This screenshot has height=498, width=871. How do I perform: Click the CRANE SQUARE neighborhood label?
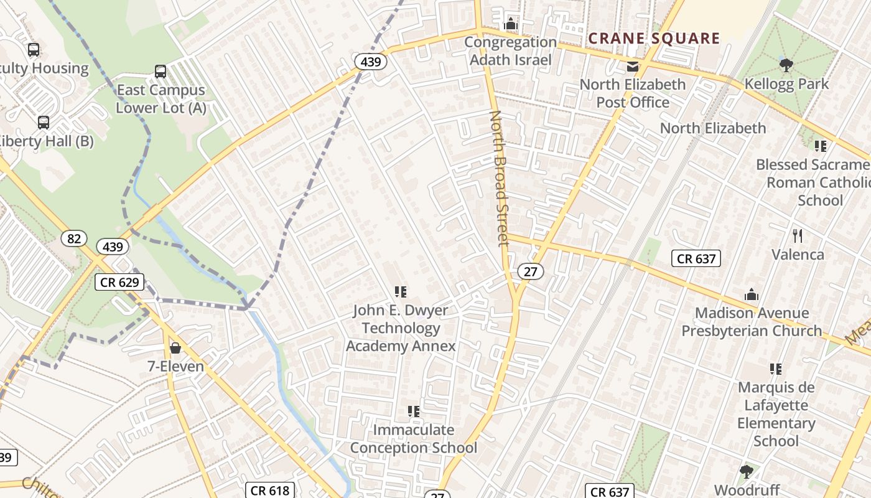[x=654, y=39]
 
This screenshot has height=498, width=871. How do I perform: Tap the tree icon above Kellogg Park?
[x=786, y=65]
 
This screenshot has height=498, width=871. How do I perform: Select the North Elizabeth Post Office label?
[x=633, y=93]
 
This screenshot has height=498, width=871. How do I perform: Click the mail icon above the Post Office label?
[x=633, y=67]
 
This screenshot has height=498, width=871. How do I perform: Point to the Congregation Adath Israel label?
[x=510, y=51]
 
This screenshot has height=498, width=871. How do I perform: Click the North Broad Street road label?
[x=500, y=179]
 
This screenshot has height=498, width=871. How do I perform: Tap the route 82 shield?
[x=73, y=238]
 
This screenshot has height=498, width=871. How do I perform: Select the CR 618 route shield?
[x=269, y=491]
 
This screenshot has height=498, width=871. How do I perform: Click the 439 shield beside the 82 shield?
[x=113, y=247]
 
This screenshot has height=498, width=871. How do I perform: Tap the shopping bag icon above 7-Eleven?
[x=175, y=347]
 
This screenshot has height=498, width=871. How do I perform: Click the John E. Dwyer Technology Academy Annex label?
[x=401, y=328]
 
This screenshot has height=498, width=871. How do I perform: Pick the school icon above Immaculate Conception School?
[x=413, y=411]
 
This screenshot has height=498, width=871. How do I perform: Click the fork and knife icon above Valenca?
[x=798, y=235]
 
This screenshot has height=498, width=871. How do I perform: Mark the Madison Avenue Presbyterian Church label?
[x=752, y=322]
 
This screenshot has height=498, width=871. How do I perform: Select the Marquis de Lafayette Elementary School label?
[x=776, y=414]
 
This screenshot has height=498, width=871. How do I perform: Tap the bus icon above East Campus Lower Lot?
[x=161, y=72]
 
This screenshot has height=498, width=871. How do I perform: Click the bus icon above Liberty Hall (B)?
[x=43, y=123]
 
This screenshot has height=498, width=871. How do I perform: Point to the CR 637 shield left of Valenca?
[x=696, y=258]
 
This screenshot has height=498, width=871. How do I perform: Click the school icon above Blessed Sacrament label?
[x=821, y=146]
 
